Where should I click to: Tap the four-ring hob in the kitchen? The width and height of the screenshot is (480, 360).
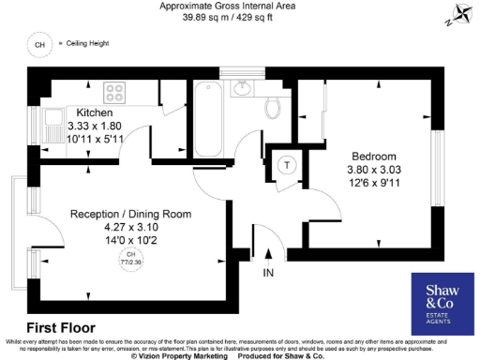tap(115, 92)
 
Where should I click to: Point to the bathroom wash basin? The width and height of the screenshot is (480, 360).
tap(243, 90)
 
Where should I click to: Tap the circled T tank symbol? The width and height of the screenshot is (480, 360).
tap(288, 164)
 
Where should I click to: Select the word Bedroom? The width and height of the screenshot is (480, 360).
tap(373, 156)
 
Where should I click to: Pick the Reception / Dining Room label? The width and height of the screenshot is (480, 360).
tap(130, 215)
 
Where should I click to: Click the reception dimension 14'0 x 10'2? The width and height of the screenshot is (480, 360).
tap(130, 241)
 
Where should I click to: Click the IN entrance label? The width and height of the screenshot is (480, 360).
tap(269, 273)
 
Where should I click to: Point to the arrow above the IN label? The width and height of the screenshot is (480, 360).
tap(269, 253)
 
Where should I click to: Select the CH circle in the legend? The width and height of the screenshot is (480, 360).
tap(38, 44)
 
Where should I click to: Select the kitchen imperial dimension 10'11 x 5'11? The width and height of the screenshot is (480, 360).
tap(95, 139)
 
